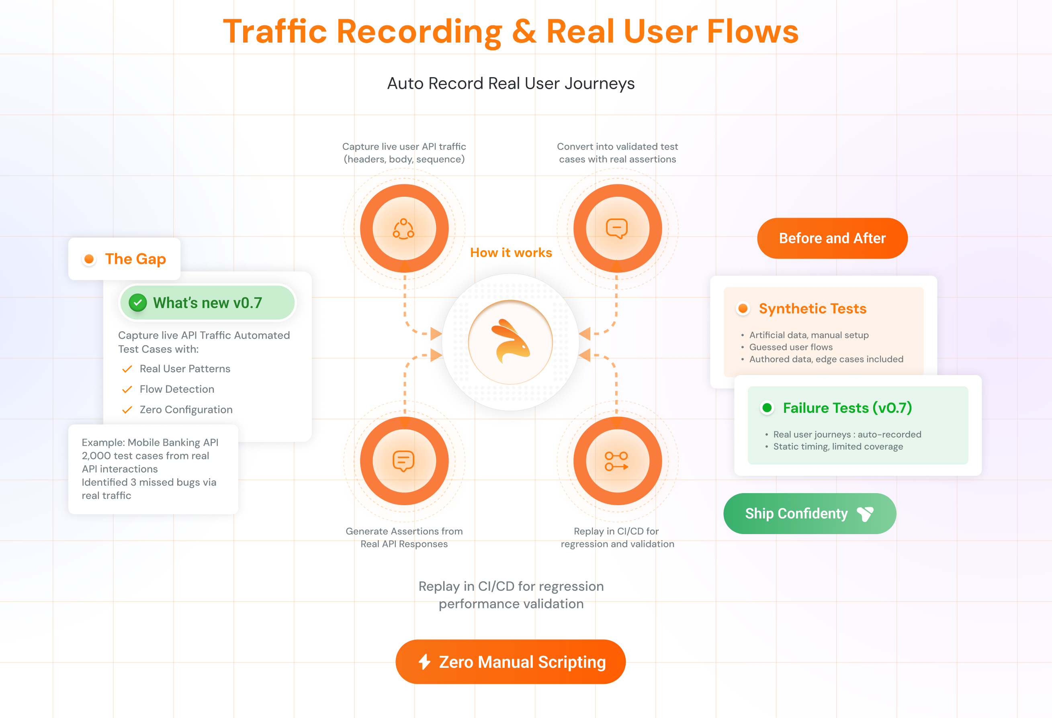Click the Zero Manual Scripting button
pyautogui.click(x=510, y=661)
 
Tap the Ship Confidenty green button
pyautogui.click(x=809, y=514)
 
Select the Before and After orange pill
pyautogui.click(x=832, y=238)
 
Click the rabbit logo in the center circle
pyautogui.click(x=511, y=342)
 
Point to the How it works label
pyautogui.click(x=511, y=253)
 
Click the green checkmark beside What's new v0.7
pyautogui.click(x=137, y=303)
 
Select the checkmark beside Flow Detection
pyautogui.click(x=127, y=389)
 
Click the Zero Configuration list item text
pyautogui.click(x=186, y=410)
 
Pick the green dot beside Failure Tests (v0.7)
pyautogui.click(x=767, y=408)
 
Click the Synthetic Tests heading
pyautogui.click(x=812, y=308)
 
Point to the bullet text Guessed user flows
pyautogui.click(x=790, y=347)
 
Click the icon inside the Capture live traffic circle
pyautogui.click(x=403, y=228)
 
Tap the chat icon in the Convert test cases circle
pyautogui.click(x=616, y=228)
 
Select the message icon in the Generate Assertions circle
pyautogui.click(x=403, y=461)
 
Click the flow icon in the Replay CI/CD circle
pyautogui.click(x=616, y=461)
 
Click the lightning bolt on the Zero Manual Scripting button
pyautogui.click(x=424, y=661)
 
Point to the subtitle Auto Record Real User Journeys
pyautogui.click(x=511, y=83)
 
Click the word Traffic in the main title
pyautogui.click(x=275, y=32)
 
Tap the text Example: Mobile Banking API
pyautogui.click(x=150, y=443)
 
